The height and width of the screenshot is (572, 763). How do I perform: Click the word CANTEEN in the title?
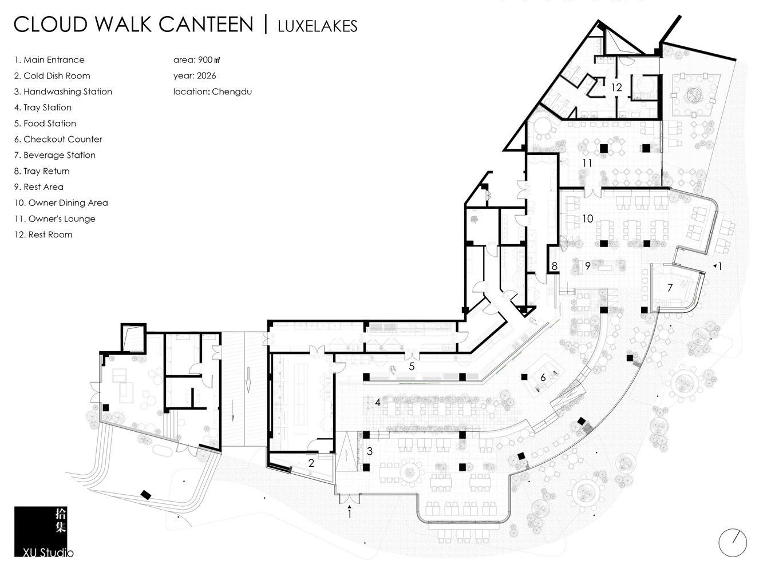tap(206, 25)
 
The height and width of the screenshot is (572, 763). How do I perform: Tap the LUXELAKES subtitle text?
tap(317, 26)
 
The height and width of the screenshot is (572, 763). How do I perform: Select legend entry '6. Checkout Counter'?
tap(58, 139)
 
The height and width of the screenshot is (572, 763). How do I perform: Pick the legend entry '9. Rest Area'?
tap(39, 187)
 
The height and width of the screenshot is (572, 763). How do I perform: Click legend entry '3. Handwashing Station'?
tap(63, 92)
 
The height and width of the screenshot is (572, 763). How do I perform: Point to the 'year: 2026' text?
tap(195, 76)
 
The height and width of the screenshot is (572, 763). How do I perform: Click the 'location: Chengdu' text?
tap(212, 92)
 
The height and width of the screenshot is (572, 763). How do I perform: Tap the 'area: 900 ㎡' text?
tap(197, 59)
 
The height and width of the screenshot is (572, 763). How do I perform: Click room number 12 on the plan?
tap(616, 87)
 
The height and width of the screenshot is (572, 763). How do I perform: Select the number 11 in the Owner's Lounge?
tap(587, 163)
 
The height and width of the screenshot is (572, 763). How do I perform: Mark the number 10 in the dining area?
tap(587, 219)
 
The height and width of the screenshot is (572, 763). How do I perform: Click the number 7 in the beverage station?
tap(670, 288)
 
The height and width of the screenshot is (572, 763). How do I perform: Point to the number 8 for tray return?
tap(555, 266)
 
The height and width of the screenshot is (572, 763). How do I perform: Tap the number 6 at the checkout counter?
tap(543, 377)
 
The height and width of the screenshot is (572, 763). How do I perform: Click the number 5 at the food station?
tap(412, 367)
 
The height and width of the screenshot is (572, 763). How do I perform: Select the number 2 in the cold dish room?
tap(311, 463)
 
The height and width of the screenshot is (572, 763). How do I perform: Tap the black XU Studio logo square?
tap(40, 531)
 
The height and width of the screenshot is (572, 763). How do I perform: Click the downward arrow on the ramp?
tap(248, 384)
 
